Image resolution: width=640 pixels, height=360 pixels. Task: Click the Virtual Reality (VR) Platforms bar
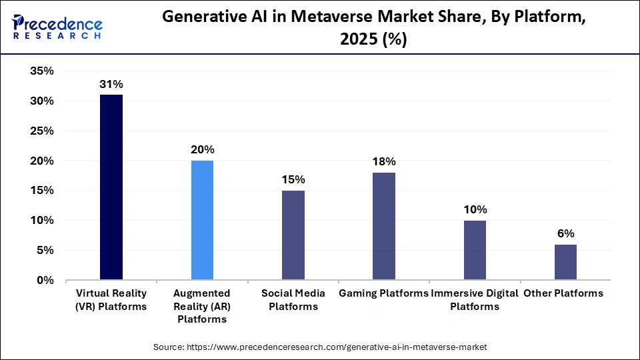(x=111, y=187)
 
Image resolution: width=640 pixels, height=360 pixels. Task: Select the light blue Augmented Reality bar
(x=202, y=220)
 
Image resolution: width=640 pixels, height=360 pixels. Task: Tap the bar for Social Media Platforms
(x=293, y=235)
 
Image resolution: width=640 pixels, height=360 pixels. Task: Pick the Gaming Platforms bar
(x=384, y=226)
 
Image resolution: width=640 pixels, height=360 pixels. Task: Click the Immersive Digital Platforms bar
(x=475, y=250)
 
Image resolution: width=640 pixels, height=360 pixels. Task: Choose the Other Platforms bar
(x=565, y=262)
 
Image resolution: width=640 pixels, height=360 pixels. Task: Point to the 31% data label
(x=111, y=85)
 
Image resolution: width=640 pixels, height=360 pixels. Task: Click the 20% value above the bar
(x=202, y=150)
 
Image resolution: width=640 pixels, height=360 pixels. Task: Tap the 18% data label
(x=384, y=162)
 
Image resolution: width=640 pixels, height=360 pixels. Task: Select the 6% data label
(x=565, y=233)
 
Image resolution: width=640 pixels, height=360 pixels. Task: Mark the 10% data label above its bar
(x=475, y=209)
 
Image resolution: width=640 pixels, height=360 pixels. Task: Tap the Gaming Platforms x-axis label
(x=383, y=293)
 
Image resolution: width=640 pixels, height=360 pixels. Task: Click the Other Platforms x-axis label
(x=563, y=293)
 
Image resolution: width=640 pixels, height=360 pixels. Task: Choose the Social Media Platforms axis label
(x=293, y=300)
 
